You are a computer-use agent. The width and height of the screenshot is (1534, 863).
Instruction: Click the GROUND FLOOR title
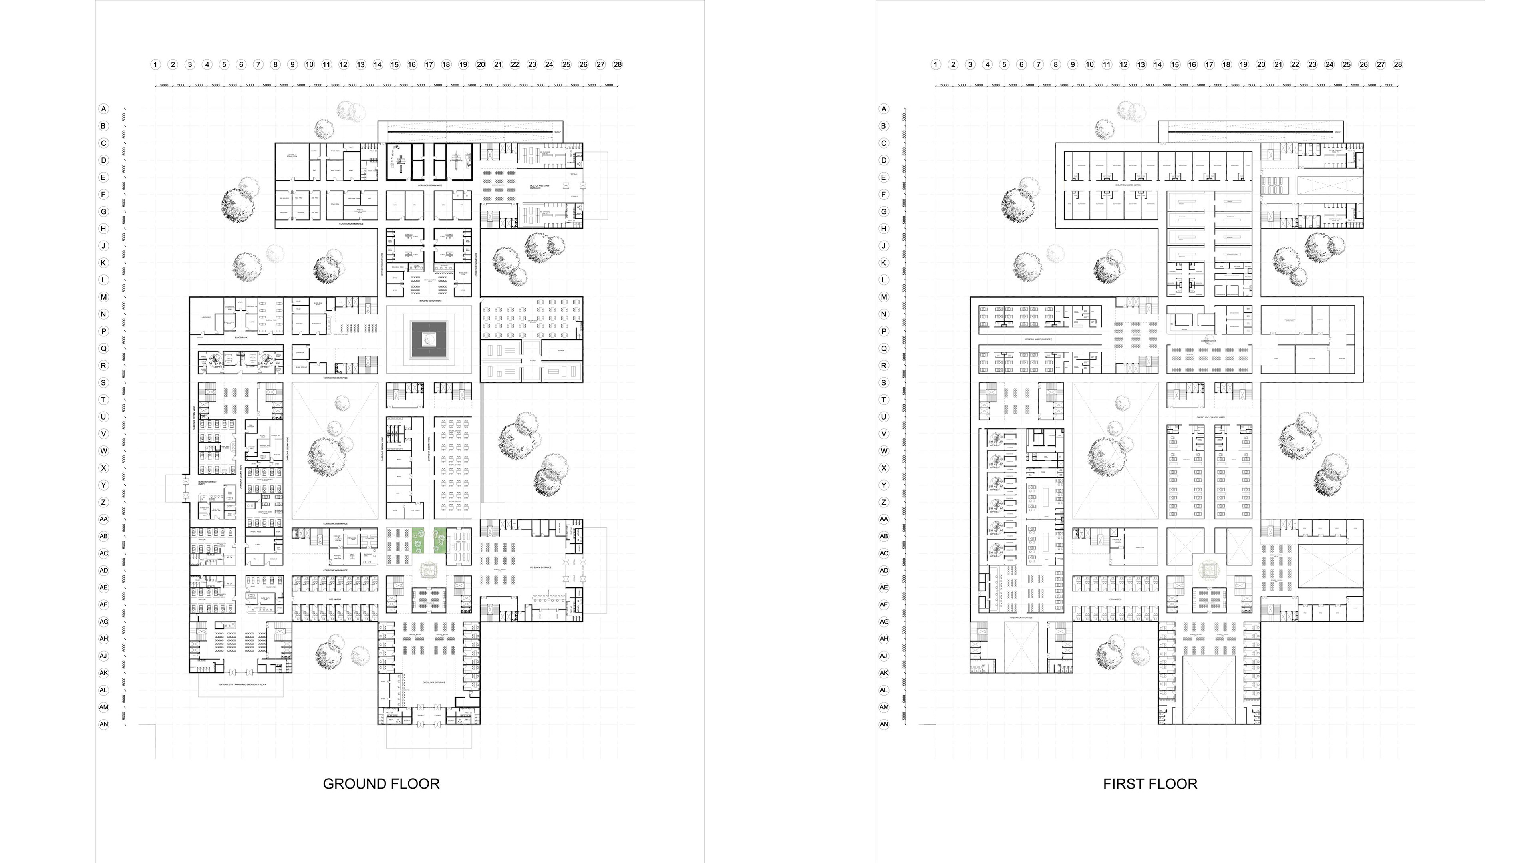coord(381,784)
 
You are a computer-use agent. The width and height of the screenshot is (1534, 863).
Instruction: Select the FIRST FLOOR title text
coord(1150,784)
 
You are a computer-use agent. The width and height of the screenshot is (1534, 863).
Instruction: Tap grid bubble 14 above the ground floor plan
coord(378,64)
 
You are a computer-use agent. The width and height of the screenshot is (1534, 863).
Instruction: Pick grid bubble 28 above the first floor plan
coord(1398,64)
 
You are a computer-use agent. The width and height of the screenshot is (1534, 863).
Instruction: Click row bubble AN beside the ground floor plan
coord(103,724)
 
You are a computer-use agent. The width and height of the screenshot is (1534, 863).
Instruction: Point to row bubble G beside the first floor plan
coord(884,211)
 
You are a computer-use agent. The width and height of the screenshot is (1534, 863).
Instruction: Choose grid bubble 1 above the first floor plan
coord(936,64)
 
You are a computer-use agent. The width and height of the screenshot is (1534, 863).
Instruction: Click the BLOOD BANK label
coord(241,338)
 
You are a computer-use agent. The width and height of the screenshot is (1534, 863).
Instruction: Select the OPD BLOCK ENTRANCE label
coord(433,682)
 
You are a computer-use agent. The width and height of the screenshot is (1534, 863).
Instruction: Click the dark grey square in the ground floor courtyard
coord(429,340)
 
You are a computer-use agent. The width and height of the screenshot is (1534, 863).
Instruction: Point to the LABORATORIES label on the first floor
coord(1209,341)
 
